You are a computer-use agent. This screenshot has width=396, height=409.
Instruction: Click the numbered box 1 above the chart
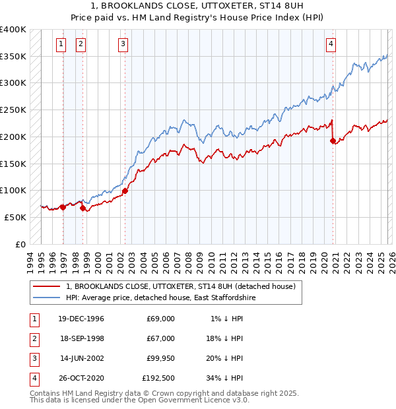click(x=61, y=44)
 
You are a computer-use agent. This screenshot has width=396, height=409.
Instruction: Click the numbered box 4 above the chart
click(x=331, y=44)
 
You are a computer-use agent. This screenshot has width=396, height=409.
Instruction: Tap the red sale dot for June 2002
click(x=125, y=191)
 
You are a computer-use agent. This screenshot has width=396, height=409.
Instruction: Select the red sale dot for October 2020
click(x=333, y=141)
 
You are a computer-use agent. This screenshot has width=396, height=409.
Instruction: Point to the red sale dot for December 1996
click(x=63, y=207)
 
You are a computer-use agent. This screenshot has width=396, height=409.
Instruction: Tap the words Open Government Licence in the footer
click(x=191, y=400)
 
